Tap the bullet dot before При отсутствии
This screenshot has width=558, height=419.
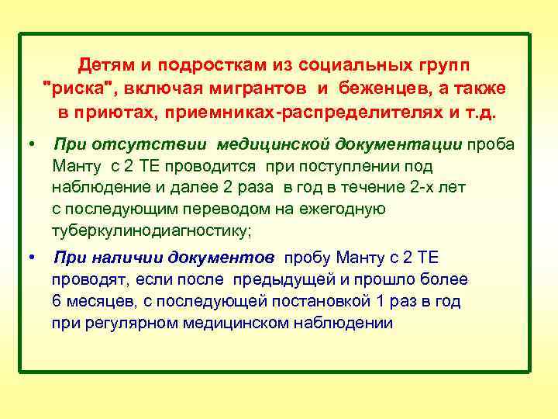(29, 144)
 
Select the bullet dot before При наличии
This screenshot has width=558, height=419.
(29, 257)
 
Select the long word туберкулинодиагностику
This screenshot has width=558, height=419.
(151, 231)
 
